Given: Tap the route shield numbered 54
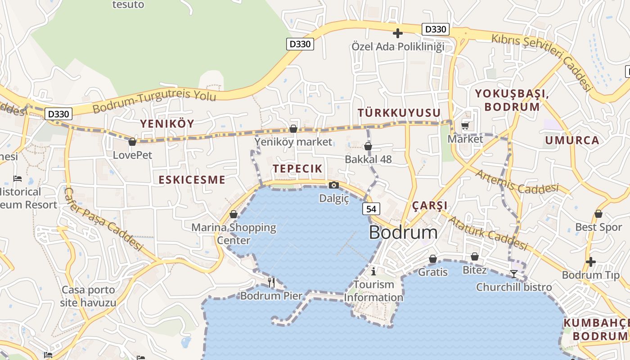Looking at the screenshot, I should click(x=371, y=209).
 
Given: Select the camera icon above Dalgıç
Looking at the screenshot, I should click(x=333, y=185).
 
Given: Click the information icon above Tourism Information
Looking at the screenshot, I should click(x=373, y=271).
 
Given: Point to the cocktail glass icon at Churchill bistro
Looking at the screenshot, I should click(x=513, y=274).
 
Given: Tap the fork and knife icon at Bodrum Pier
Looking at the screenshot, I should click(x=271, y=283).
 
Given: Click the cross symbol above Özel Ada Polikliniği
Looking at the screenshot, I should click(x=397, y=33).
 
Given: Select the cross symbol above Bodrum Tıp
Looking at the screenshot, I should click(x=591, y=261).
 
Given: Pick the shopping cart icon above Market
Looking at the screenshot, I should click(x=465, y=126).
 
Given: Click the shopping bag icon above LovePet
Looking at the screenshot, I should click(x=132, y=142).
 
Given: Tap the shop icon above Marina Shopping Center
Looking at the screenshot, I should click(x=233, y=214).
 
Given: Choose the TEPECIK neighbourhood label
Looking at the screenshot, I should click(x=297, y=169).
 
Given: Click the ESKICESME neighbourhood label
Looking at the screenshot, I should click(x=192, y=180).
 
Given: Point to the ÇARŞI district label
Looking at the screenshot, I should click(x=430, y=206).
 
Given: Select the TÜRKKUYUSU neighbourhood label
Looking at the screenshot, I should click(x=399, y=112).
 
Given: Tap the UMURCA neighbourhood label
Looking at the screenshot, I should click(x=572, y=140).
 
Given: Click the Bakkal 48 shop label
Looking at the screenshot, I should click(x=368, y=159).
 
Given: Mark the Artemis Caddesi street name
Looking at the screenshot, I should click(x=517, y=181).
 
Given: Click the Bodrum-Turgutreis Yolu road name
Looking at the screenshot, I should click(x=154, y=103).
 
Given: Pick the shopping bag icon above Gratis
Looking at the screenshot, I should click(x=432, y=259).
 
